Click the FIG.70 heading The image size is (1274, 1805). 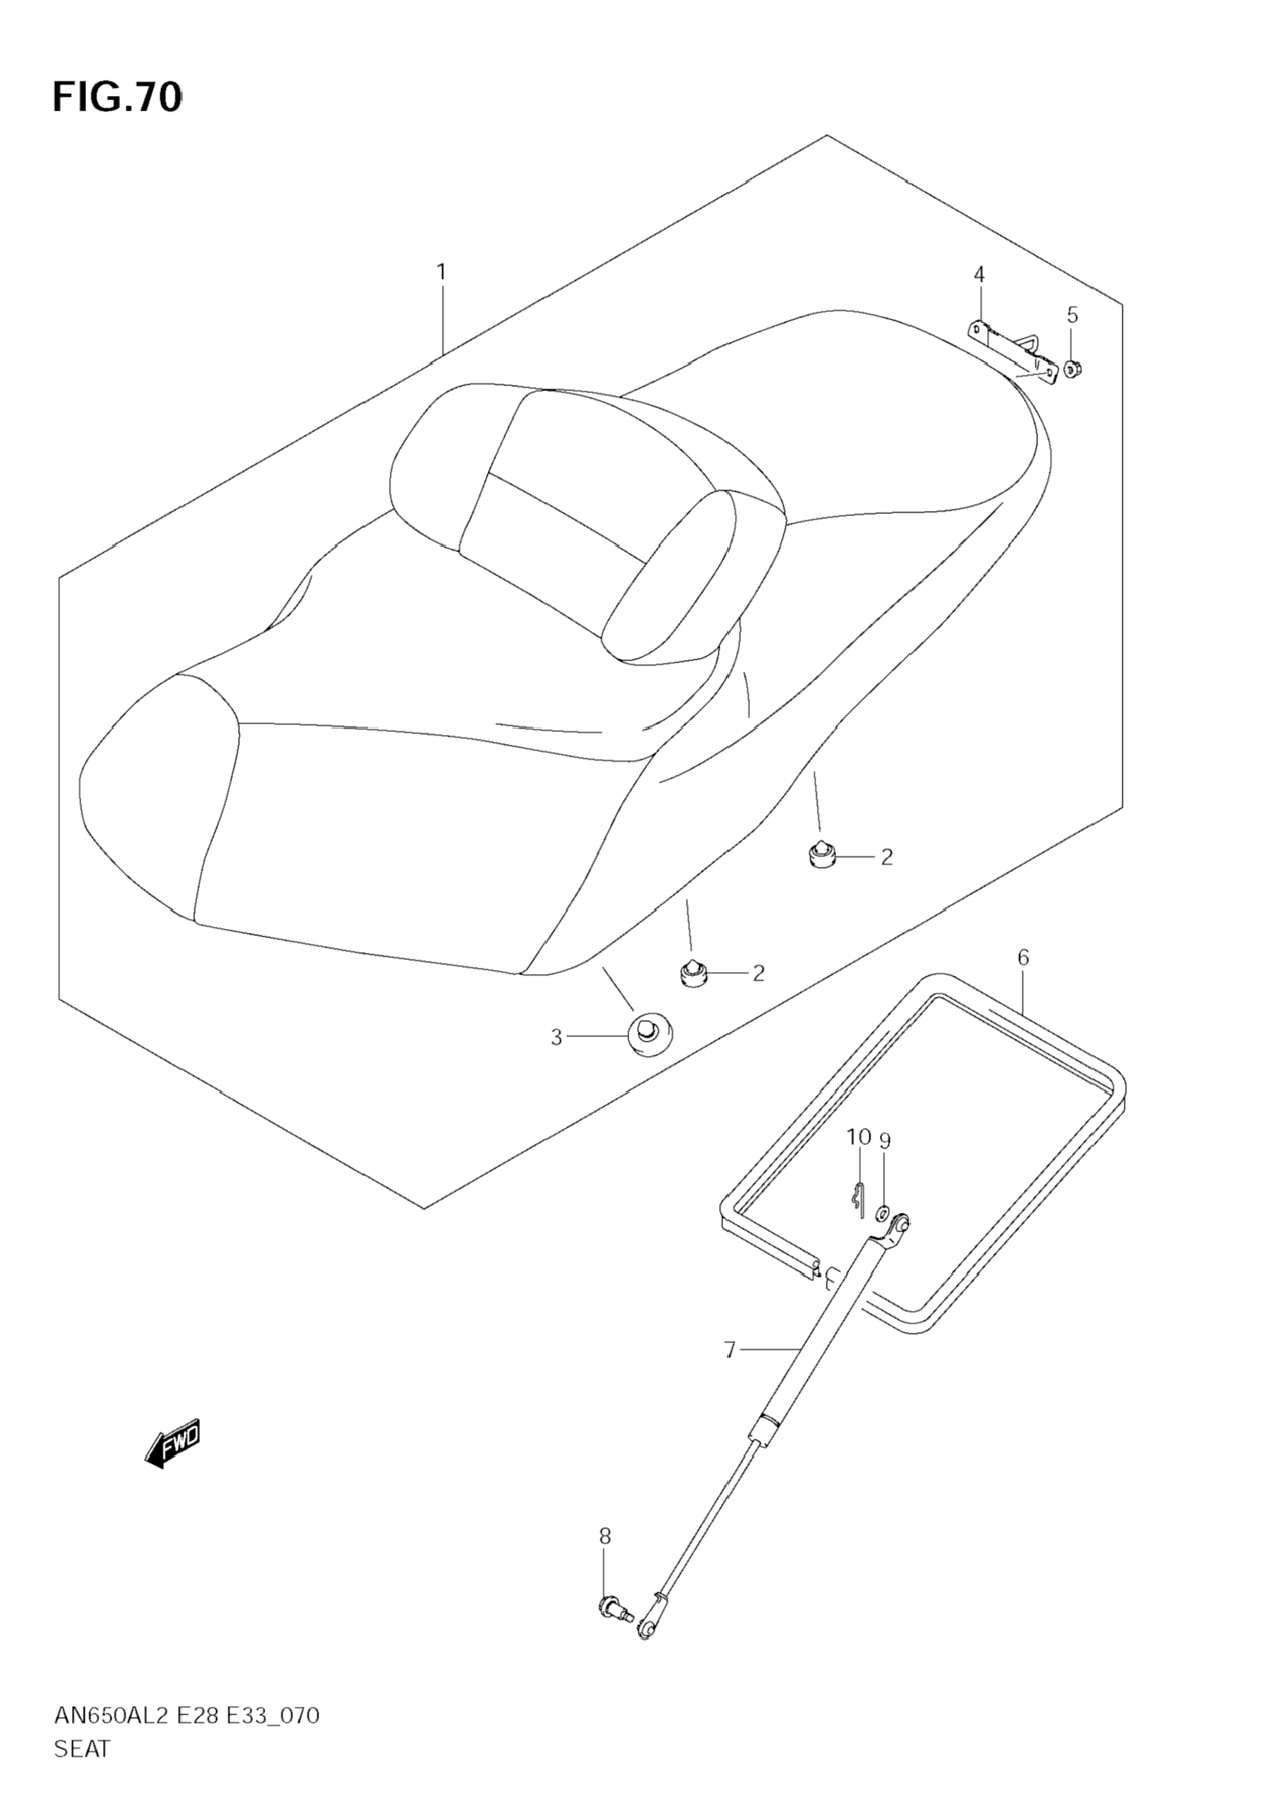[117, 97]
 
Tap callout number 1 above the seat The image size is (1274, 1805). [441, 272]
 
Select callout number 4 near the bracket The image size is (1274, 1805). [978, 275]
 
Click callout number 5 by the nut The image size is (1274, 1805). [1072, 316]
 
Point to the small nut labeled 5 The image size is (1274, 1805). [1071, 367]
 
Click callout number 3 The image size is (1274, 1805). [556, 1038]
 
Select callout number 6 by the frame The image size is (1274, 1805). [1023, 957]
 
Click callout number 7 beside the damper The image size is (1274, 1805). [729, 1350]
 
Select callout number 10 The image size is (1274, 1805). [858, 1137]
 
